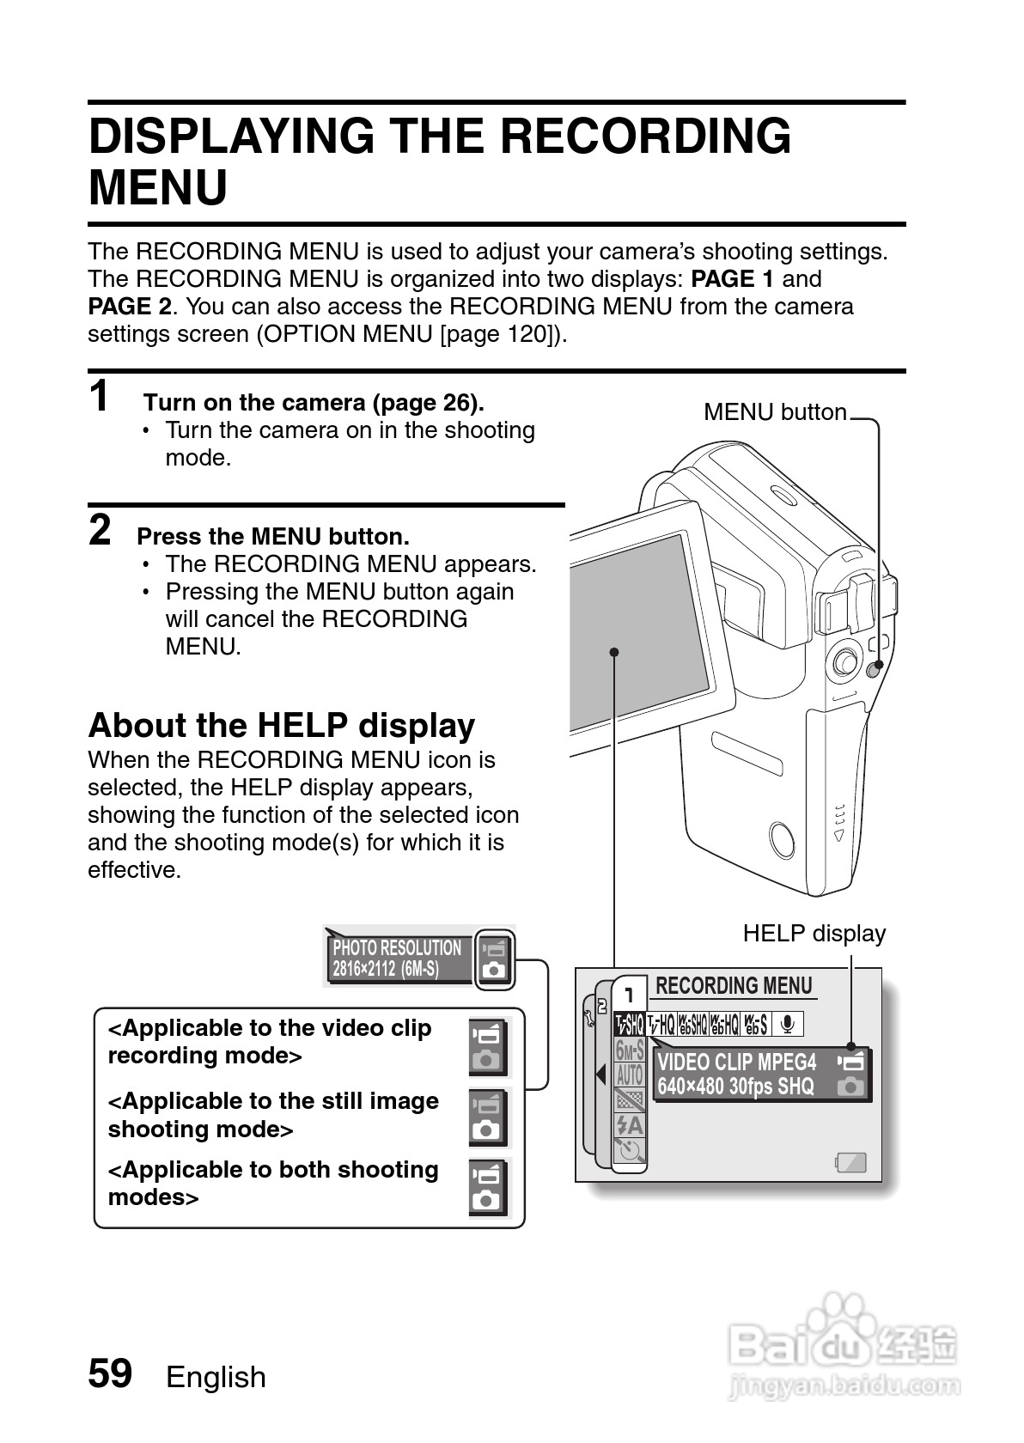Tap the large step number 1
pos(101,397)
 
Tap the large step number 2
pos(101,530)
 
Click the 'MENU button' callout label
pos(775,412)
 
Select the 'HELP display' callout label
pos(814,934)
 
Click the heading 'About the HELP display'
pos(281,726)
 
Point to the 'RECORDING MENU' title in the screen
pos(734,986)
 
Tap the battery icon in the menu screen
pos(850,1163)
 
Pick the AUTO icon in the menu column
pos(630,1074)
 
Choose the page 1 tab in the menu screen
pos(630,995)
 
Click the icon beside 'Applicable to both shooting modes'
pos(489,1188)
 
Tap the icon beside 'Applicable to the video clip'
pos(489,1046)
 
